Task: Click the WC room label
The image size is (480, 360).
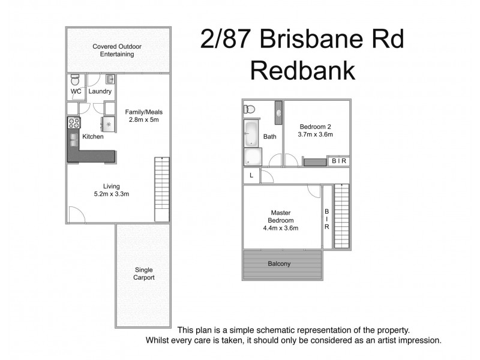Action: click(x=76, y=91)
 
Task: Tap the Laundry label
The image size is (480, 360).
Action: click(x=100, y=91)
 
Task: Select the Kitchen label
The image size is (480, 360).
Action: click(x=93, y=137)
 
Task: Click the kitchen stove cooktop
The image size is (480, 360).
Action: click(x=74, y=124)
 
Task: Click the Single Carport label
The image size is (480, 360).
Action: click(x=144, y=274)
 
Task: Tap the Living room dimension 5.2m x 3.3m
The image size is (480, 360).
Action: click(x=112, y=194)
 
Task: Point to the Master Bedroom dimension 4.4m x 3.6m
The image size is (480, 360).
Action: click(x=281, y=227)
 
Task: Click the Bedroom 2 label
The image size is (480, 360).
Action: click(x=316, y=127)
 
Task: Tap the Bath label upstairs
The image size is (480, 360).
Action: click(x=270, y=137)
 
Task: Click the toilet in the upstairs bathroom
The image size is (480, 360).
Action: click(x=250, y=109)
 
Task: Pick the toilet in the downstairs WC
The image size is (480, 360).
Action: click(x=74, y=80)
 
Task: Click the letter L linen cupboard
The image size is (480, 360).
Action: click(x=251, y=175)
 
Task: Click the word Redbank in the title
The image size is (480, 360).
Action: click(x=302, y=70)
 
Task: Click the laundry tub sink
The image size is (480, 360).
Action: click(x=110, y=79)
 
